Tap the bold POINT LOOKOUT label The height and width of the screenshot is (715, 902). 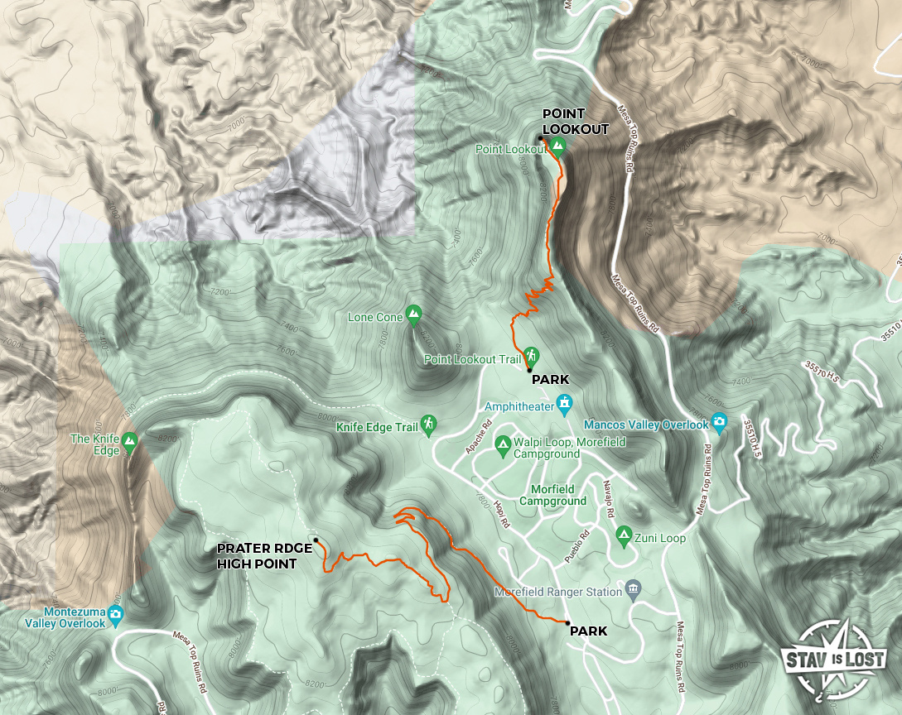576,122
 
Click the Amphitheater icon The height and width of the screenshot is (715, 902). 565,405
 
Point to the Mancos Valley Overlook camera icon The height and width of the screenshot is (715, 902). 719,423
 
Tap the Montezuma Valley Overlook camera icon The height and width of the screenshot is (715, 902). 117,615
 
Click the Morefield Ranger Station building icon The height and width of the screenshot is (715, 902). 634,590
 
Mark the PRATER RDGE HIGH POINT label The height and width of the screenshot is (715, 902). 264,556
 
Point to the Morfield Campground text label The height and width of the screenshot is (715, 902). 552,495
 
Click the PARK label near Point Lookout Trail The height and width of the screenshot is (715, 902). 550,380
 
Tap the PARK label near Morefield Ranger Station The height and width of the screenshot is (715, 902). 587,631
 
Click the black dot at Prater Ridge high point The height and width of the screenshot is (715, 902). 316,540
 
